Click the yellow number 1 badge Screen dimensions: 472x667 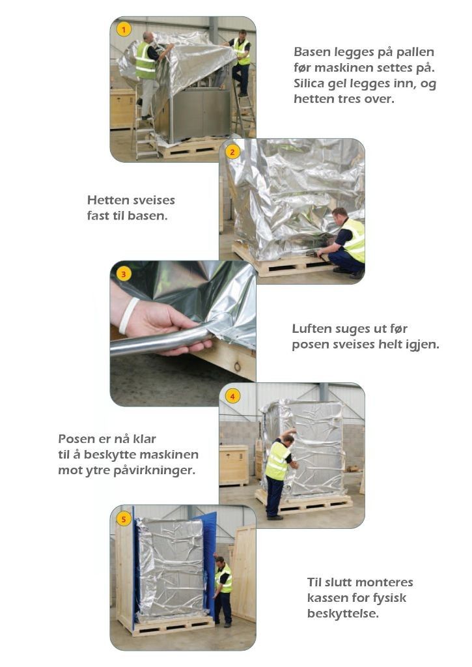pos(124,29)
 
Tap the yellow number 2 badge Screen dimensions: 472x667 pos(232,152)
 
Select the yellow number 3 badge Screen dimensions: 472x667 pos(123,274)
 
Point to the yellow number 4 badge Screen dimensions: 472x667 pos(232,396)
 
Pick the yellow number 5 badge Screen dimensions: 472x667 pos(124,519)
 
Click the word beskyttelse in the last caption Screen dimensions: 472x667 pos(342,614)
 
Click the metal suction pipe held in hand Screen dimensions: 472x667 pos(166,338)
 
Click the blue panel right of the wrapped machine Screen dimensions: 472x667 pos(209,566)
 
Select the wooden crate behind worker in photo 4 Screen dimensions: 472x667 pos(234,465)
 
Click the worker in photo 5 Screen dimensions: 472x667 pos(223,591)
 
